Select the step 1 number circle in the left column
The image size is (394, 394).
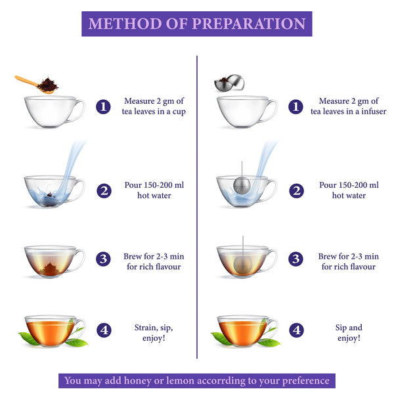click(103, 106)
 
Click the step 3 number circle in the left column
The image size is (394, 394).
click(103, 259)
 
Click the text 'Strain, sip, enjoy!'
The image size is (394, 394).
click(154, 332)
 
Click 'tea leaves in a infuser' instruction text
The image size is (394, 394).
click(348, 112)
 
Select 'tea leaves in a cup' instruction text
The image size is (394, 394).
click(154, 112)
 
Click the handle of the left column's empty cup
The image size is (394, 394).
click(78, 110)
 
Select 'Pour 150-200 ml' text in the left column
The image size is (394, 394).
click(154, 185)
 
